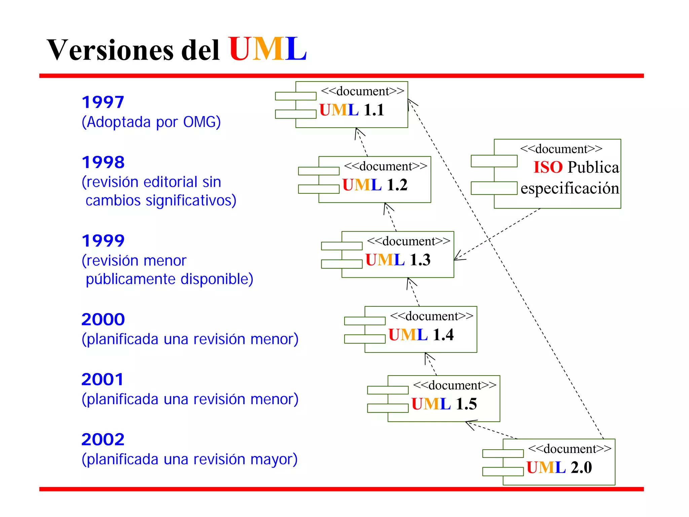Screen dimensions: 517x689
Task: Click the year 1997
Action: [103, 102]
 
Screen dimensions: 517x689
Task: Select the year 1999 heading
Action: [103, 241]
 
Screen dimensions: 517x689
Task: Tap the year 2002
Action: [103, 440]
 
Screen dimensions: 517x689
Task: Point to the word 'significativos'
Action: [188, 200]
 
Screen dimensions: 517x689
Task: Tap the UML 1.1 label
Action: [352, 110]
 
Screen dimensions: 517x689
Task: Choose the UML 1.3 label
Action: [398, 260]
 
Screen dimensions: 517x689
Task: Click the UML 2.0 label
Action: [559, 467]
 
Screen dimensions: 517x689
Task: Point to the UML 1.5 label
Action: [444, 404]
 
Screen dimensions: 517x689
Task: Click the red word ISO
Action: [548, 167]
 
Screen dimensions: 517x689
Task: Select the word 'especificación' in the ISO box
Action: [570, 188]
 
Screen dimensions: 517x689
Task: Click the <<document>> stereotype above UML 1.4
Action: [431, 316]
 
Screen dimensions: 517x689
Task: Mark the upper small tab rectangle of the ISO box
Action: [494, 161]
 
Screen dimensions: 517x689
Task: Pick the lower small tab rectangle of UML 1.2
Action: [319, 189]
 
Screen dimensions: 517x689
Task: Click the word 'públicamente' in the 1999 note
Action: [131, 279]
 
